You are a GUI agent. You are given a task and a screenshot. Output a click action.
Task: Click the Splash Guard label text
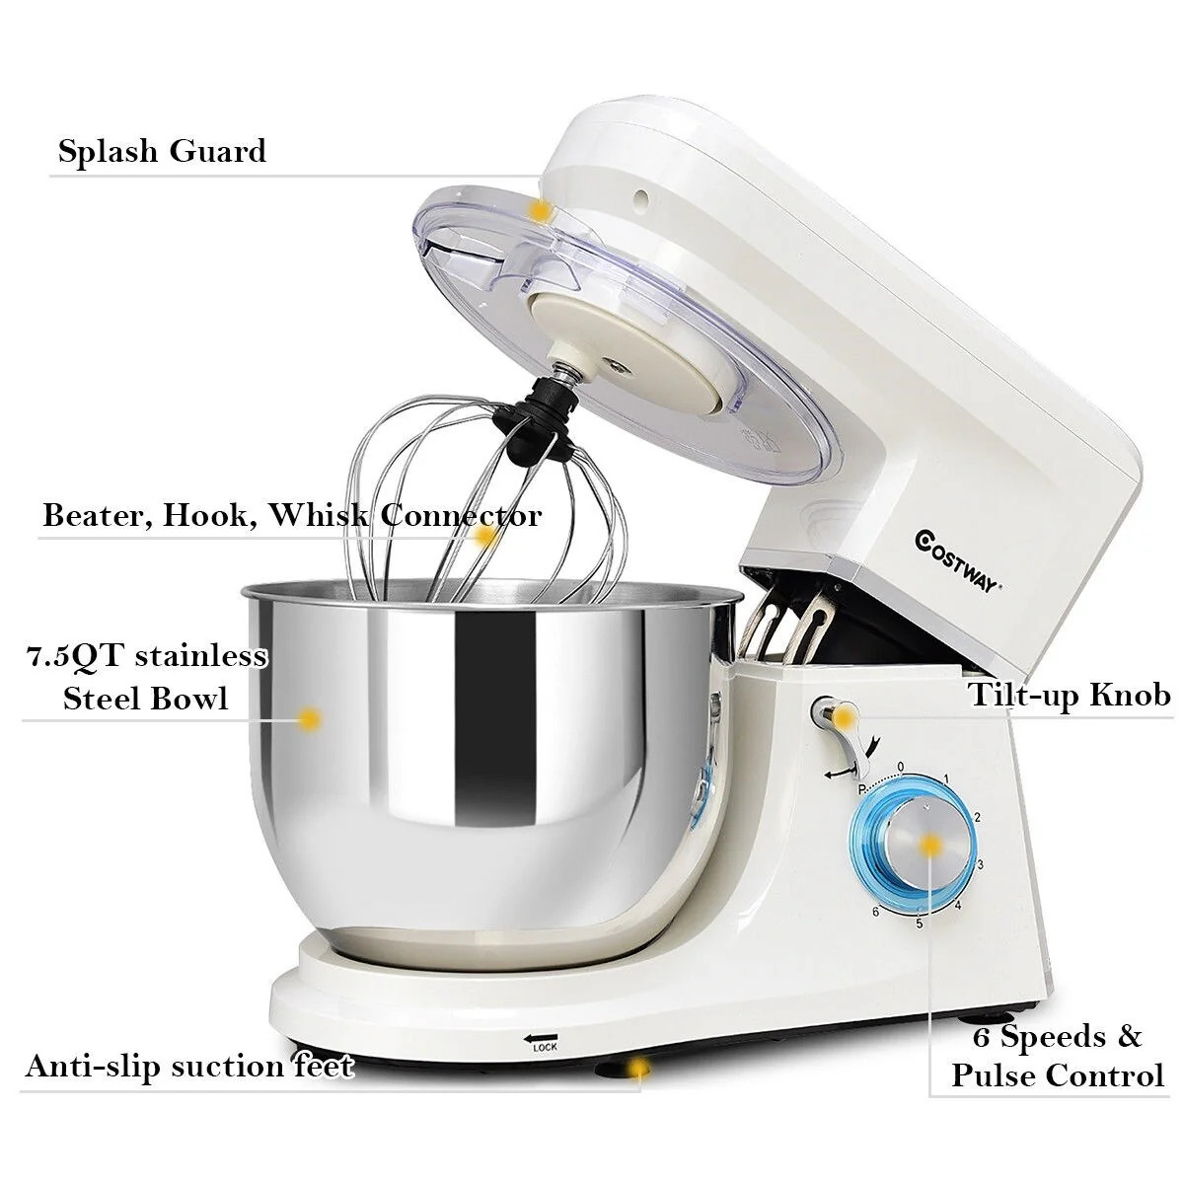[162, 152]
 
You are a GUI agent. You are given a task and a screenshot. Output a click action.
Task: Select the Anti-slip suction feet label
[189, 1067]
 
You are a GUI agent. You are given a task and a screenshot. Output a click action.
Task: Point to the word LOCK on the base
[545, 1047]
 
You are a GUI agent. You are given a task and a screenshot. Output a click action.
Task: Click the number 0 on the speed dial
[901, 767]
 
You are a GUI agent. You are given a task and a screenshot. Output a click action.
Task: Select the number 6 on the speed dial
[875, 927]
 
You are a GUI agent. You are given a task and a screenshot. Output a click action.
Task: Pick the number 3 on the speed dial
[980, 864]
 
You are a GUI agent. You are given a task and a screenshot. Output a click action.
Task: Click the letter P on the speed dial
[862, 788]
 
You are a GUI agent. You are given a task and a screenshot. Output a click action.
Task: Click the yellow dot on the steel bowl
[310, 719]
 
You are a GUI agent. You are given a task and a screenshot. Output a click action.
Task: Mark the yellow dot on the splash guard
[541, 211]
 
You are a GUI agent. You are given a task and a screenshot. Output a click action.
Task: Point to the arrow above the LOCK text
[541, 1038]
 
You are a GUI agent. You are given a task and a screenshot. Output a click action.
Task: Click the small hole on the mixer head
[641, 198]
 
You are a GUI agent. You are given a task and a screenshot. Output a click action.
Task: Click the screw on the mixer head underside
[618, 367]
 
